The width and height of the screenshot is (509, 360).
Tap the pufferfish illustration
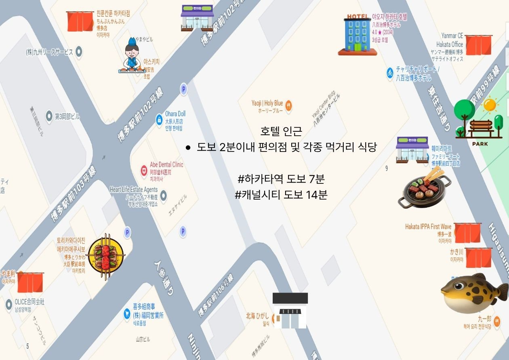click(473, 293)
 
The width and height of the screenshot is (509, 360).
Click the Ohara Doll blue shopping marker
click(160, 120)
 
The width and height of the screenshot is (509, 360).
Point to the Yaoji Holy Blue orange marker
click(288, 106)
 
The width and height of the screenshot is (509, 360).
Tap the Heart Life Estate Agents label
click(134, 189)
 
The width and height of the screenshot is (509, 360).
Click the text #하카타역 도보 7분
click(281, 178)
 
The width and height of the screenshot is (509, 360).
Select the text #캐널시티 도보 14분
click(281, 195)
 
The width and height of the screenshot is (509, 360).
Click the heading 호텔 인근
click(281, 131)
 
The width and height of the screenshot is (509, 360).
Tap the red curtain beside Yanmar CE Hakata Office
click(478, 45)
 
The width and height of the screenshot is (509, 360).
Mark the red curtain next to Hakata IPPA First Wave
click(467, 233)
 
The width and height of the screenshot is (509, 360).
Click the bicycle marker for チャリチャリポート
click(390, 73)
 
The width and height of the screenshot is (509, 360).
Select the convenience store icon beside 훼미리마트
click(412, 149)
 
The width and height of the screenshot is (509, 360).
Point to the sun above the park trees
click(490, 105)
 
